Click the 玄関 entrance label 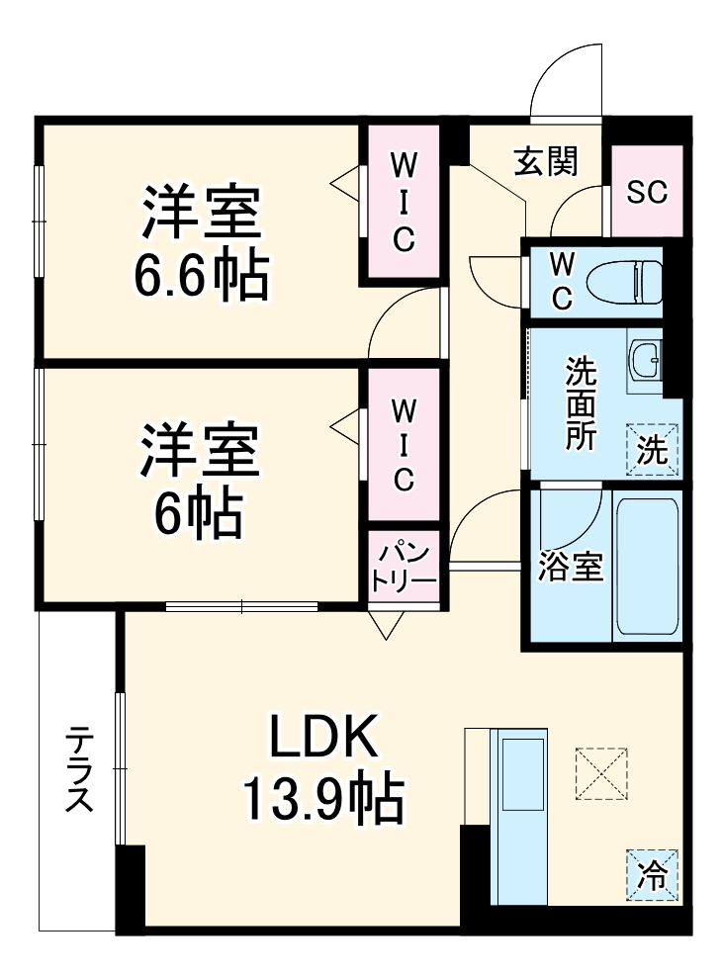[545, 160]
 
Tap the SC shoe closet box [647, 191]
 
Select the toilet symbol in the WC [622, 281]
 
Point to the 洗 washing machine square [652, 450]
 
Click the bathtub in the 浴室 [647, 567]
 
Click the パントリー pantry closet [404, 567]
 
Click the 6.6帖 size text [202, 280]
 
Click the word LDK [322, 737]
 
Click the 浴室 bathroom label [571, 569]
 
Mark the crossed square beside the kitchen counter [600, 773]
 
